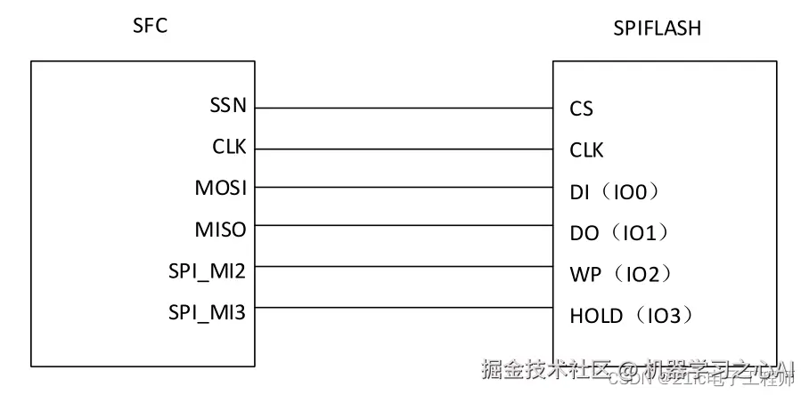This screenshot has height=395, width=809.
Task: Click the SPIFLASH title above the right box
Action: pyautogui.click(x=657, y=28)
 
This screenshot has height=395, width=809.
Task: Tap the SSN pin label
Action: pyautogui.click(x=228, y=105)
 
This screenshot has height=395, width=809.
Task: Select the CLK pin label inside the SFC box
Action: pyautogui.click(x=229, y=147)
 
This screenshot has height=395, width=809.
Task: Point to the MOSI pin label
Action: pyautogui.click(x=221, y=188)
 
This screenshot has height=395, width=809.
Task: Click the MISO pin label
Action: pyautogui.click(x=221, y=230)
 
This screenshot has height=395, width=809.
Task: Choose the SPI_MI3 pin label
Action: pyautogui.click(x=208, y=311)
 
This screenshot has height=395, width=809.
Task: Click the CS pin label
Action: pyautogui.click(x=581, y=109)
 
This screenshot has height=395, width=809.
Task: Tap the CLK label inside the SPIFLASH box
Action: pyautogui.click(x=586, y=150)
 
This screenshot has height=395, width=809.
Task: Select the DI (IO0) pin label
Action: pyautogui.click(x=617, y=191)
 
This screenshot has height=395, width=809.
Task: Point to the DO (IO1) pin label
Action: pyautogui.click(x=619, y=233)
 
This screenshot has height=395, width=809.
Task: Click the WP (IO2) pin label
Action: pyautogui.click(x=619, y=274)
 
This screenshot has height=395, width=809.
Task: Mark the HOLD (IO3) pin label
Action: pyautogui.click(x=631, y=315)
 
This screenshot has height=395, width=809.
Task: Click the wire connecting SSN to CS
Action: pyautogui.click(x=403, y=109)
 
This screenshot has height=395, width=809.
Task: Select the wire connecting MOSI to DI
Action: pyautogui.click(x=403, y=188)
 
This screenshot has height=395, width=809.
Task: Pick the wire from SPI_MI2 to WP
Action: pyautogui.click(x=403, y=268)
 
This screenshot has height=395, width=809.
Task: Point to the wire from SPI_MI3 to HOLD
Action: pyautogui.click(x=403, y=308)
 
